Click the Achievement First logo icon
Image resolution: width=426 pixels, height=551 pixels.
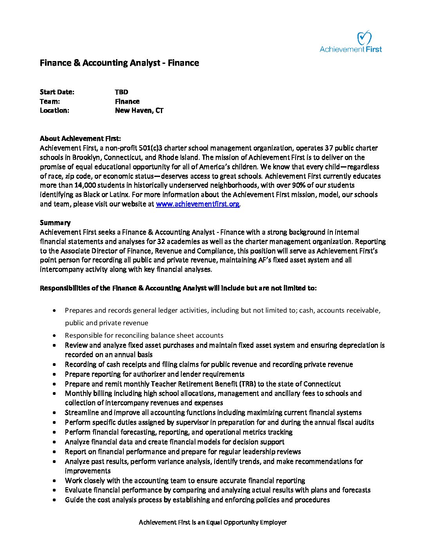coord(364,38)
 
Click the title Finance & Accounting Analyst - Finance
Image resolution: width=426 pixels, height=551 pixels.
coord(119,63)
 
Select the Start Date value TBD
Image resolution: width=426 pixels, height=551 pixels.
coord(121,92)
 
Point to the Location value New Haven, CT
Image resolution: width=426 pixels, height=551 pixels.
coord(139,110)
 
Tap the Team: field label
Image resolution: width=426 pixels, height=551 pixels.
coord(50,101)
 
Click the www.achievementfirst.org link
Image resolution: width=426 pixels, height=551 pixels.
coord(197,204)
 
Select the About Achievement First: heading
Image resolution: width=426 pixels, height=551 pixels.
coord(80,139)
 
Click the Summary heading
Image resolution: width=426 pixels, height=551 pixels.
coord(55,223)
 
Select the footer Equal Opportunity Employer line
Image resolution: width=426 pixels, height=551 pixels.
coord(213,522)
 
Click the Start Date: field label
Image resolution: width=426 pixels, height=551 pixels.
coord(57,92)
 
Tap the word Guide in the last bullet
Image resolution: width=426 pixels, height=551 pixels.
coord(74,500)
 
